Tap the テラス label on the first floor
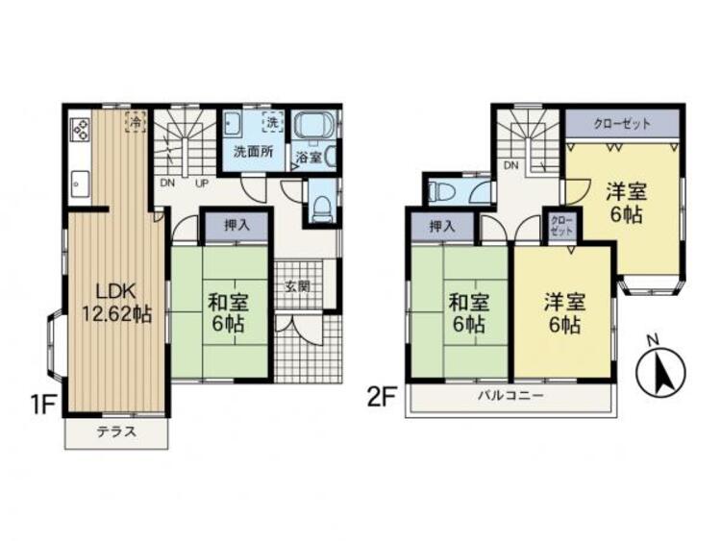115,431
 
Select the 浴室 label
308,157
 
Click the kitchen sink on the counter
80,180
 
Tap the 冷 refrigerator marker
136,122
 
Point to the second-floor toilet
443,190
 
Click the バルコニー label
510,396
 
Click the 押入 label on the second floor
441,227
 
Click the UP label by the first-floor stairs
201,182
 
